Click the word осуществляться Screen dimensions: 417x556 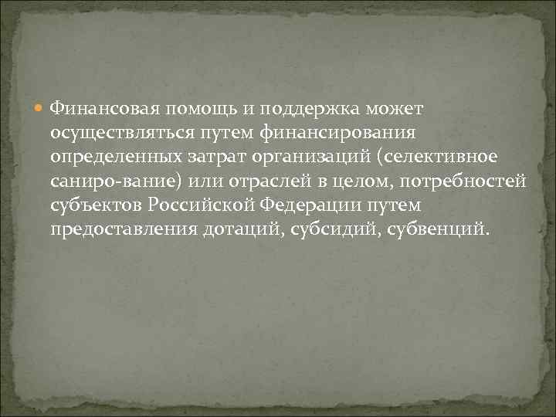point(120,134)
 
